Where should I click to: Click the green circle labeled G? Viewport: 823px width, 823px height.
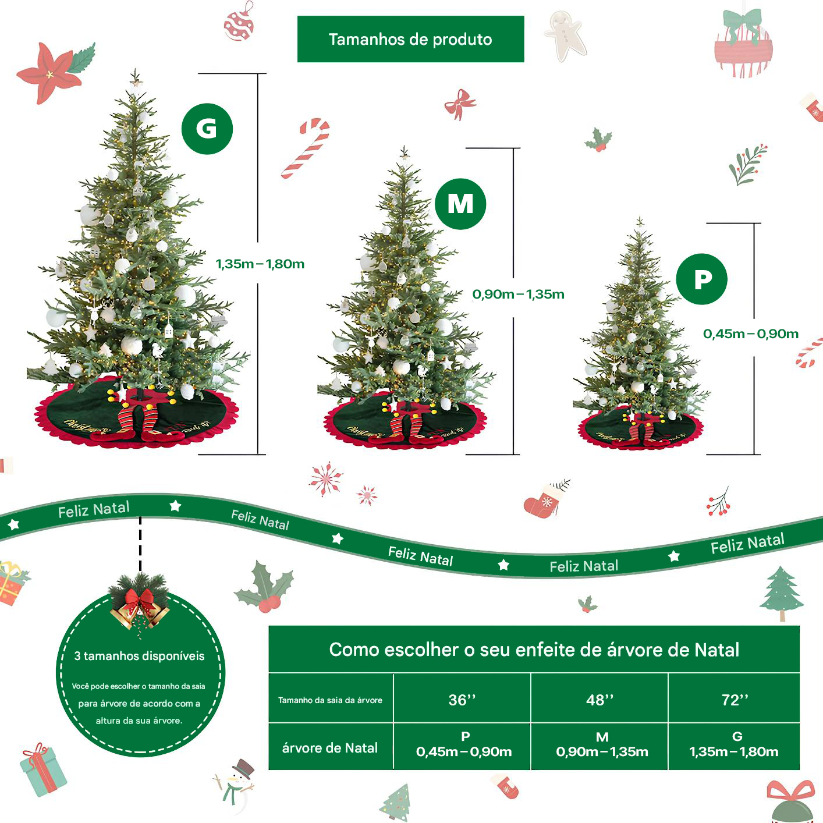click(207, 129)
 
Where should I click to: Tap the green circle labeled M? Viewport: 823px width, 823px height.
click(460, 204)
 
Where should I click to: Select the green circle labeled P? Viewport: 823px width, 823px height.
click(701, 279)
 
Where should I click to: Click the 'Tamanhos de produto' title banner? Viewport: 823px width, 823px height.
click(410, 39)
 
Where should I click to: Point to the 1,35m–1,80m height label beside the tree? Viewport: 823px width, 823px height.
click(260, 264)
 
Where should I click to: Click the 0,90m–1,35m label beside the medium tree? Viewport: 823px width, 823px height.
click(518, 294)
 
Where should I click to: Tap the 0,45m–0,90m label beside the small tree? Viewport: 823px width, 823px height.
click(750, 334)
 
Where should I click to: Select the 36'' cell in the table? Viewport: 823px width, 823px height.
click(462, 700)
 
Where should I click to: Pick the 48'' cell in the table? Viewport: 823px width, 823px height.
click(599, 700)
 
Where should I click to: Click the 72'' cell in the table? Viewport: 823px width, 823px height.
click(735, 700)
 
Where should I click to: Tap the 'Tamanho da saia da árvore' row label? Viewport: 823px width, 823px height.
click(330, 700)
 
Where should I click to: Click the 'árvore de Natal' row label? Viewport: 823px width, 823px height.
click(330, 748)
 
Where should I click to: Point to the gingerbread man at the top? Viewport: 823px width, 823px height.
click(565, 35)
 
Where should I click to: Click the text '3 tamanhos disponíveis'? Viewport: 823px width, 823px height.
click(140, 656)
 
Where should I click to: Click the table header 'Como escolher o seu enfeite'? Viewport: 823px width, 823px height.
click(534, 650)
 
